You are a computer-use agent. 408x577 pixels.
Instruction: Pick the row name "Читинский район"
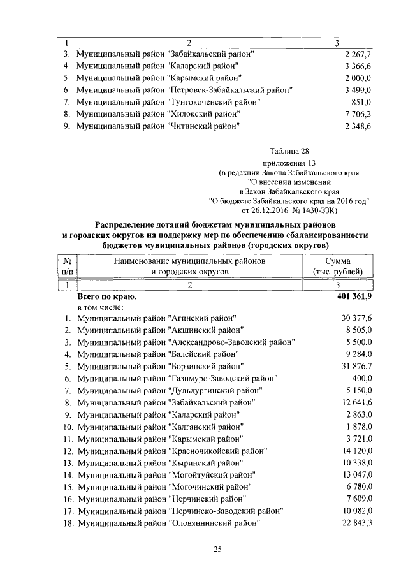157,126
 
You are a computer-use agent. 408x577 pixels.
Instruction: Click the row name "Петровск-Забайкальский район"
184,90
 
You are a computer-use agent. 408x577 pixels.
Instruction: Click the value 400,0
360,378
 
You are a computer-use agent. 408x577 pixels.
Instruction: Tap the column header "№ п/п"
67,267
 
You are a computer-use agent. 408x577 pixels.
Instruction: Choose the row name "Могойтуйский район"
166,475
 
